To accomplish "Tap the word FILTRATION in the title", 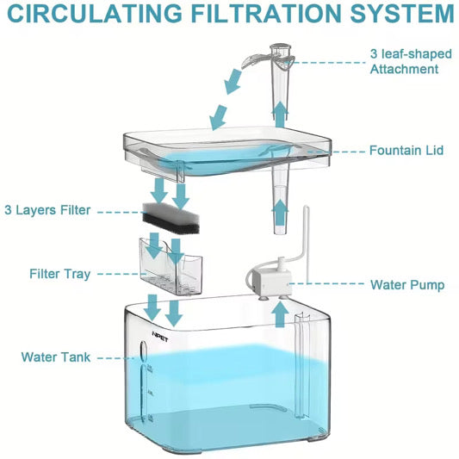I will [x=256, y=14].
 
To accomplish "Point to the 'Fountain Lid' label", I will [x=406, y=150].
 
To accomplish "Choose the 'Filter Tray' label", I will [x=54, y=274].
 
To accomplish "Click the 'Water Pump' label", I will [x=407, y=284].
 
